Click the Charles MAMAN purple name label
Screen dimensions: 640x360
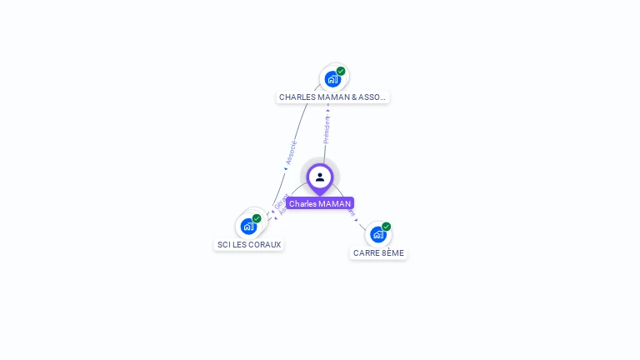pyautogui.click(x=320, y=203)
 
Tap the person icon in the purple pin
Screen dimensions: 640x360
pyautogui.click(x=320, y=177)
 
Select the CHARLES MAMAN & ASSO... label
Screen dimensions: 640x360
pyautogui.click(x=332, y=97)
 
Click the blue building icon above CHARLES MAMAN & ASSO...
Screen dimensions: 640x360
pyautogui.click(x=332, y=79)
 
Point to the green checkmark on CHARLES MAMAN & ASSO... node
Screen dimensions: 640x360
pyautogui.click(x=341, y=72)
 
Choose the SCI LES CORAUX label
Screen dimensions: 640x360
pyautogui.click(x=249, y=244)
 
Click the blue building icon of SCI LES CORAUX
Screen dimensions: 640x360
pyautogui.click(x=248, y=226)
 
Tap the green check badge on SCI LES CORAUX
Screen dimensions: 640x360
pyautogui.click(x=257, y=218)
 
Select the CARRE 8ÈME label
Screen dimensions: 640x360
pyautogui.click(x=378, y=252)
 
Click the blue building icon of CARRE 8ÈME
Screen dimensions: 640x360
pyautogui.click(x=378, y=234)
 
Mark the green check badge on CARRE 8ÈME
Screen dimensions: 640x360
pyautogui.click(x=387, y=227)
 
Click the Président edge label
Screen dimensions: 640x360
pyautogui.click(x=327, y=129)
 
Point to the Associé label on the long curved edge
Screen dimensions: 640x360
pyautogui.click(x=291, y=151)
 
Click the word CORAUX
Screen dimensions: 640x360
pyautogui.click(x=265, y=244)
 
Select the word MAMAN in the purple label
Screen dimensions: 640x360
pyautogui.click(x=334, y=203)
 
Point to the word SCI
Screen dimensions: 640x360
pyautogui.click(x=223, y=244)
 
